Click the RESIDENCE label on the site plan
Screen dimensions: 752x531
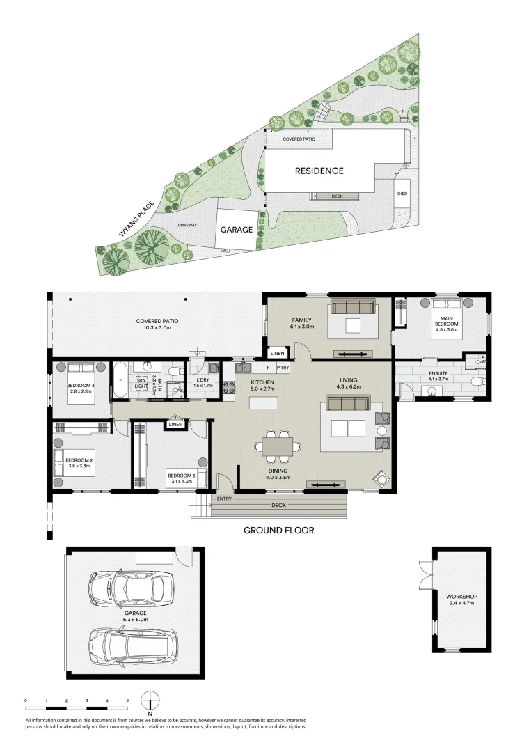tap(319, 171)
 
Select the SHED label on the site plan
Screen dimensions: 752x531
tap(402, 194)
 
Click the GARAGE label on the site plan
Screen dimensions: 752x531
tap(237, 228)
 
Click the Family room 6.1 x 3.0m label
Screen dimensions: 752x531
tap(302, 322)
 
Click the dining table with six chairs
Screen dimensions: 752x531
tap(281, 446)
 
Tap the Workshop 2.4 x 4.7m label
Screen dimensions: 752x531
tap(461, 600)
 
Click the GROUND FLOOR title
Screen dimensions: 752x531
tap(278, 531)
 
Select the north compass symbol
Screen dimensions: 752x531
tap(150, 701)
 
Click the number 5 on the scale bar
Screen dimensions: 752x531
tap(127, 699)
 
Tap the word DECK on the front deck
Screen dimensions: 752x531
tap(278, 506)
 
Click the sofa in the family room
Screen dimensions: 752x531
tap(353, 308)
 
